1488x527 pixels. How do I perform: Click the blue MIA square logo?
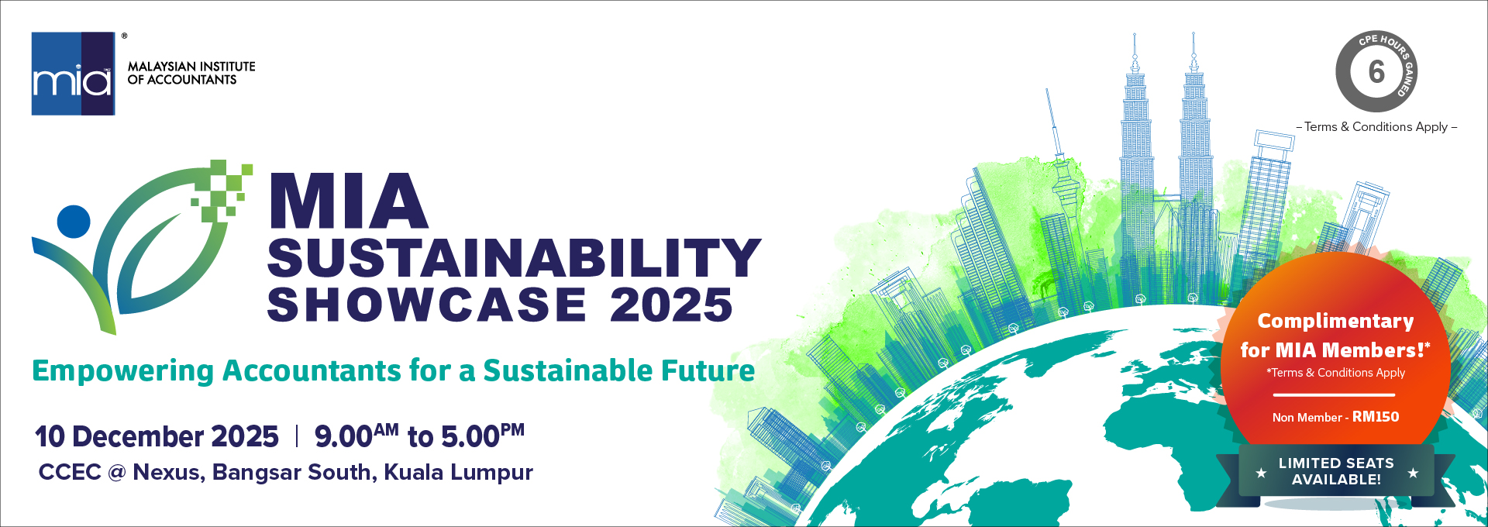(x=74, y=74)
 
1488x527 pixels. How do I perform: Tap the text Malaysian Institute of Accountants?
(x=191, y=73)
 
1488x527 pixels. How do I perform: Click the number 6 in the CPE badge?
(x=1376, y=72)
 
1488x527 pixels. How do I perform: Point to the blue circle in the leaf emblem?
(x=74, y=222)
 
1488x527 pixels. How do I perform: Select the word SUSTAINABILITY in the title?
(x=515, y=257)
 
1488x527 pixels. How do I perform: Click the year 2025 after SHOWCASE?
(x=671, y=305)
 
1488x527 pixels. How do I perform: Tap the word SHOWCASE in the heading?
(x=427, y=305)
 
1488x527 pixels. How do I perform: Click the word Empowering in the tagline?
(x=122, y=371)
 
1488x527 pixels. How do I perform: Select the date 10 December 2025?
(x=157, y=436)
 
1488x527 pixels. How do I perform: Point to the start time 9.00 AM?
(x=356, y=436)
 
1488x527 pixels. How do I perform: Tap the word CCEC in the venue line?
(x=70, y=472)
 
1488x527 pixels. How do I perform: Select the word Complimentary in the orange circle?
(x=1335, y=321)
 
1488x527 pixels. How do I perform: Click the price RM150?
(x=1376, y=417)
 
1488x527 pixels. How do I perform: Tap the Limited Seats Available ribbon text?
(x=1336, y=471)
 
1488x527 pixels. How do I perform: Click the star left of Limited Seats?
(x=1261, y=473)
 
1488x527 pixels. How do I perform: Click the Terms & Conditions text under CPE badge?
(x=1376, y=126)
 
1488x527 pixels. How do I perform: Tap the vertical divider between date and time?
(x=297, y=436)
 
